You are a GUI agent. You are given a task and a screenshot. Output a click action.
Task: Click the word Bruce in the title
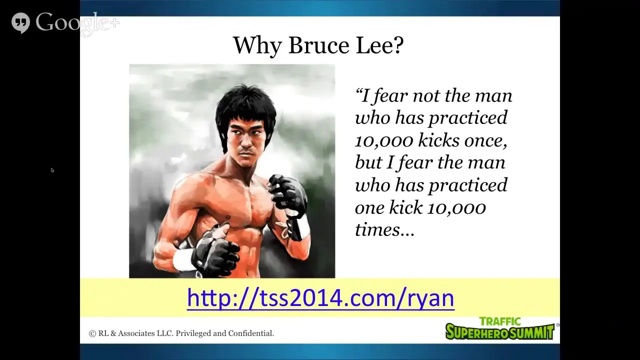point(319,45)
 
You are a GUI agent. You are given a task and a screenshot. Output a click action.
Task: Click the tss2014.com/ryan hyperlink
point(320,298)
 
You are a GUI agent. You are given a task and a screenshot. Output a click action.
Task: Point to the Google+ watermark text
point(77,23)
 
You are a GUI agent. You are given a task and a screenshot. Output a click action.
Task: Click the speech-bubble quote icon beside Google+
point(20,22)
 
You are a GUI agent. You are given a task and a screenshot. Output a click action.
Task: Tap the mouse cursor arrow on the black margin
point(52,170)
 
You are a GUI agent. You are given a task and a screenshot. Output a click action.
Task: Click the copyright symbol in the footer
point(92,333)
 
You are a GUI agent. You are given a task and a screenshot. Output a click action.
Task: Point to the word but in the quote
point(368,162)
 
